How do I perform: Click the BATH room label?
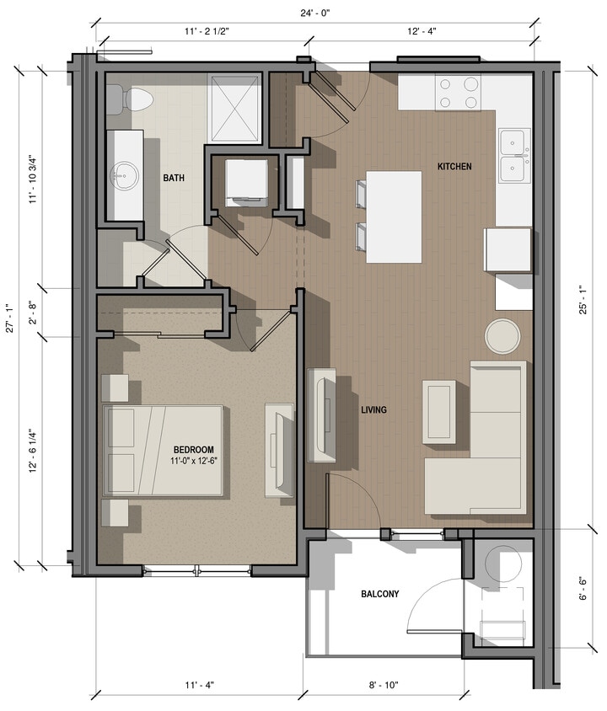coord(174,178)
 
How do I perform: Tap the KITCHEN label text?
coord(454,167)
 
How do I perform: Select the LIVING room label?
coord(373,410)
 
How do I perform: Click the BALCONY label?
coord(380,594)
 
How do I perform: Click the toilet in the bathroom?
coord(137,100)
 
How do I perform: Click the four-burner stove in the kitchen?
coord(458,93)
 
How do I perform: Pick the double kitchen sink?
coord(513,156)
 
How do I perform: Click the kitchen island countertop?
coord(395,217)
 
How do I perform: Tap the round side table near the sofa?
coord(502,336)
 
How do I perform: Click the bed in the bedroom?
coord(164,450)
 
